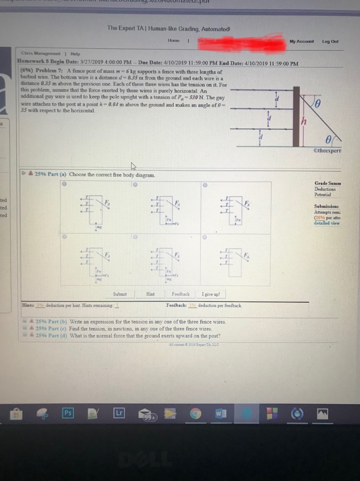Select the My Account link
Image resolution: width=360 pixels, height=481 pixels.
click(302, 41)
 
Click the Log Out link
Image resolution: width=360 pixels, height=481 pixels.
click(330, 41)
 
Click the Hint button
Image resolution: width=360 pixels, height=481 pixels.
click(150, 294)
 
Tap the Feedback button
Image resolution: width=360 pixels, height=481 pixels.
click(181, 294)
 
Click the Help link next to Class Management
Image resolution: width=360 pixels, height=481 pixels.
click(75, 54)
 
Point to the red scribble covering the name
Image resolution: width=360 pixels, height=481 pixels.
click(239, 41)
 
